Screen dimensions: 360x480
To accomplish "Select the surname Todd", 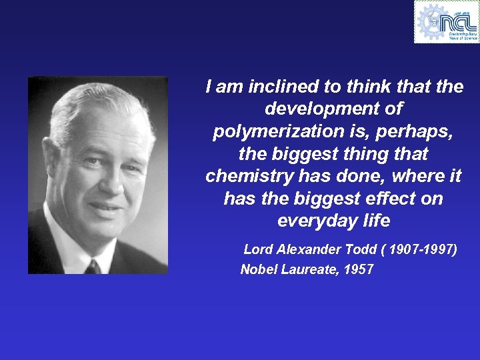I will (x=361, y=250).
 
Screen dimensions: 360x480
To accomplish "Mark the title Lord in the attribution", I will (x=258, y=250).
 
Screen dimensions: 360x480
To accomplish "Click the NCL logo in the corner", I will (x=447, y=21).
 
